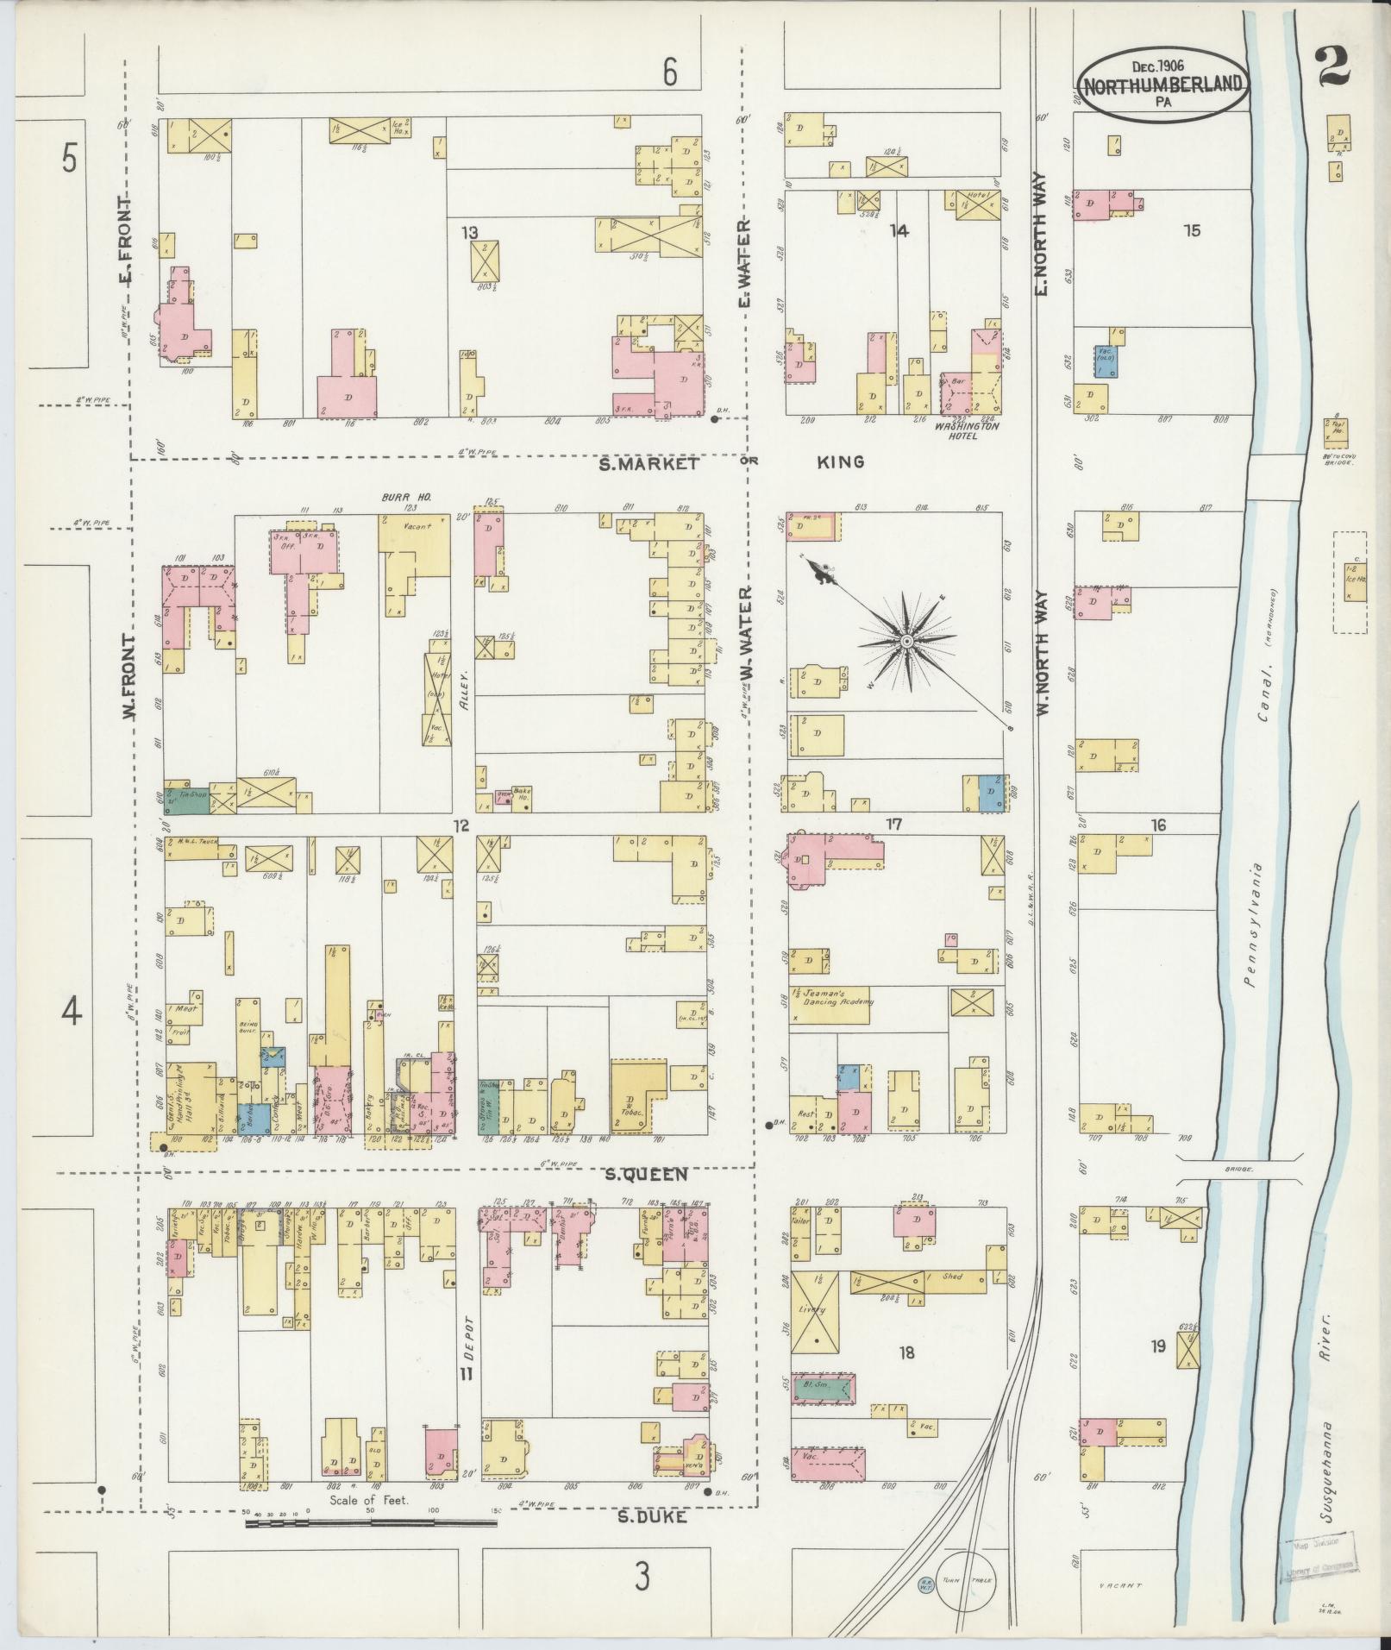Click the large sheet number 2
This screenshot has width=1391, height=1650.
coord(1334,66)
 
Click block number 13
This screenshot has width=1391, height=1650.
coord(469,232)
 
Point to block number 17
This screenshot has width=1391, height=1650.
coord(893,825)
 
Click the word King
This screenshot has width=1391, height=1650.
coord(841,462)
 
